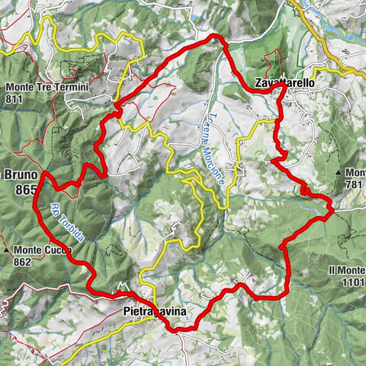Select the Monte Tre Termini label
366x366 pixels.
[x=47, y=87]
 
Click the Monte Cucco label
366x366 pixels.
[x=37, y=249]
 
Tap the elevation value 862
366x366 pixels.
[x=21, y=262]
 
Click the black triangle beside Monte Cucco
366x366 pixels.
[x=5, y=250]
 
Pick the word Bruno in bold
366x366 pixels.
[x=21, y=174]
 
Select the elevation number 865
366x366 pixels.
[x=24, y=190]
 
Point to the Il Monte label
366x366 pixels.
[x=345, y=271]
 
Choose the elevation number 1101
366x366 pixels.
[x=352, y=283]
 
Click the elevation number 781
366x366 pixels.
[x=355, y=185]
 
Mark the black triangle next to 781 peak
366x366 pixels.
[x=338, y=173]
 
